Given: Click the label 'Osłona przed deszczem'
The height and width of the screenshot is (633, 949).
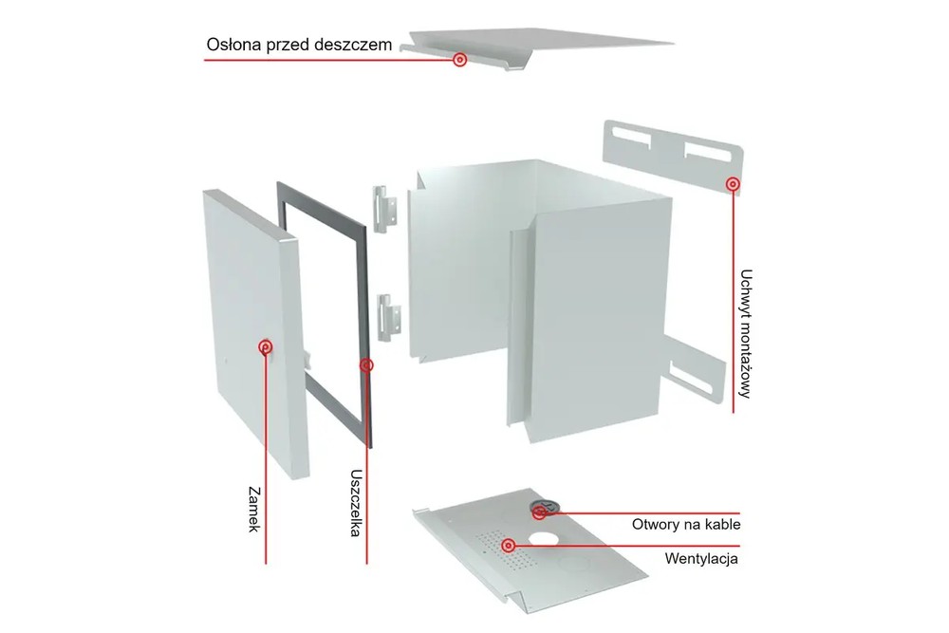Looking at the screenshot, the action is pos(299,45).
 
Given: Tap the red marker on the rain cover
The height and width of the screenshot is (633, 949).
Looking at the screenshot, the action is pos(460,59).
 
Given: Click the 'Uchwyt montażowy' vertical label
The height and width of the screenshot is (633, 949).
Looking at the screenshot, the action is pos(746,333).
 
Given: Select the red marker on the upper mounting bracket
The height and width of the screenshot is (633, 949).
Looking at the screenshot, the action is pos(733,183).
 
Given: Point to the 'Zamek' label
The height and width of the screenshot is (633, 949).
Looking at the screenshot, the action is pos(254,509).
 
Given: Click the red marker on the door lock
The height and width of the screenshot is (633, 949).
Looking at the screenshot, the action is pos(265,346).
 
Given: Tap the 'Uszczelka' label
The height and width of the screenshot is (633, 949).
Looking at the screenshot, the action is pos(356,503).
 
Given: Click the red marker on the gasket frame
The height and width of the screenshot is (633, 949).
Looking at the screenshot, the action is pos(366,365).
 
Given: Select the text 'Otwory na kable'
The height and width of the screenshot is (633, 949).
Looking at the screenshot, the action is pos(686,524).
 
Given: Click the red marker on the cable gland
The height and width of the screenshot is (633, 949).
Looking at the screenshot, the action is pos(540,512).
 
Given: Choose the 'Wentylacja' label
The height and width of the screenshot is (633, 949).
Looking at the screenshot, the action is pos(701,558).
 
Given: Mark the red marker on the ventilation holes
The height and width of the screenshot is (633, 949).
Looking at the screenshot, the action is pos(509,546).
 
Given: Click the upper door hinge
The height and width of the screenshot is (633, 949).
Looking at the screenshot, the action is pos(384,209).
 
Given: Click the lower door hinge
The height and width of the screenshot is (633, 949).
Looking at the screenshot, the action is pos(388,318).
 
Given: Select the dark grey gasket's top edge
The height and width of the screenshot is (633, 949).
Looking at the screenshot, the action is pos(322,204).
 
